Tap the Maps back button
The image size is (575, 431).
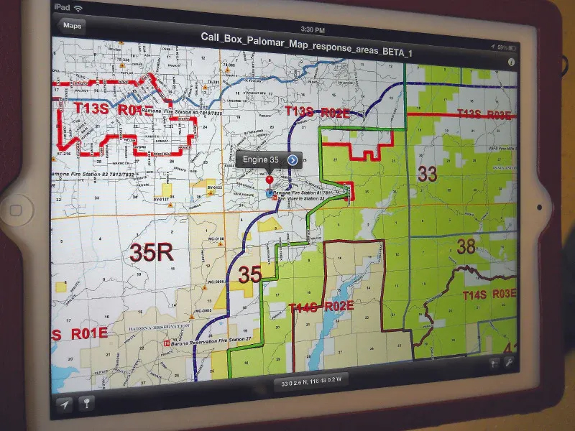pos(73,26)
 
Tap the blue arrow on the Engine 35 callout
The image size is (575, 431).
pos(293,159)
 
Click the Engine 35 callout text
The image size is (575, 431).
pos(260,159)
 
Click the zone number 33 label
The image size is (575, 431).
pos(428,174)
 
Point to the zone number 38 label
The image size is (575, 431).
pos(466,247)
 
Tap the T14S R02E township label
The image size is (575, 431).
pos(321,307)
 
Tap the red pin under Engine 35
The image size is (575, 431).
pos(270,179)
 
